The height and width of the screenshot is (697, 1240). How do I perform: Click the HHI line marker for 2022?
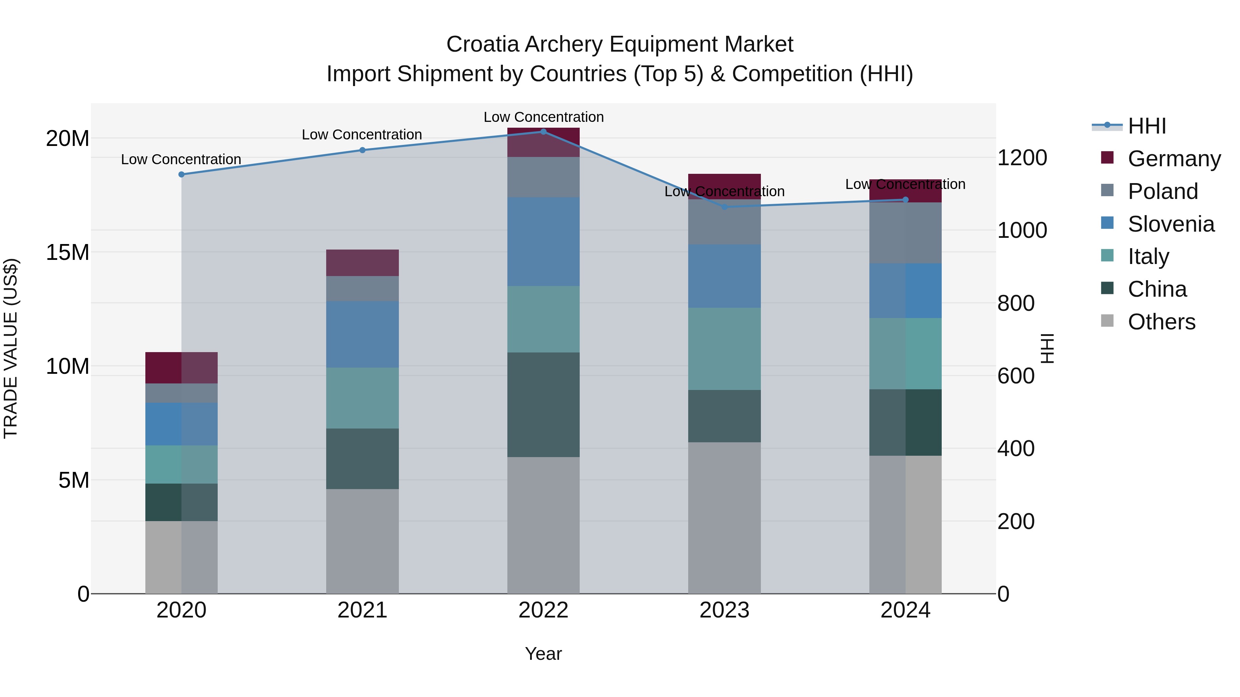544,131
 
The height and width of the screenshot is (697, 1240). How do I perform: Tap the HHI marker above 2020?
182,174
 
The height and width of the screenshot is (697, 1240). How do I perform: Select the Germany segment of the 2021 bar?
362,263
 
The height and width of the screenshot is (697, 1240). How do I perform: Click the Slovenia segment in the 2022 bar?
544,242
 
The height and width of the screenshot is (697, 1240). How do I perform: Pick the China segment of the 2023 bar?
724,416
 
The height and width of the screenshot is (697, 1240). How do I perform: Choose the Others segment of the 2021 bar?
362,541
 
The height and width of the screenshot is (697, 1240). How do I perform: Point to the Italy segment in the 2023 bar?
724,349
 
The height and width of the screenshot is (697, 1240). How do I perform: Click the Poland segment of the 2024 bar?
906,233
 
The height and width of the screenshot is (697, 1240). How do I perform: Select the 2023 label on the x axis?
724,610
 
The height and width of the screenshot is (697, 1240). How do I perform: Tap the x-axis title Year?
544,654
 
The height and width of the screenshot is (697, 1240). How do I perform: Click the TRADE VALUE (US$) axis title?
11,348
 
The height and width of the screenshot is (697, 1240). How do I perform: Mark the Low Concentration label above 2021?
362,135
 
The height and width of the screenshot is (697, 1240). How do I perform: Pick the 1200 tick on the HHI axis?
1022,158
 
